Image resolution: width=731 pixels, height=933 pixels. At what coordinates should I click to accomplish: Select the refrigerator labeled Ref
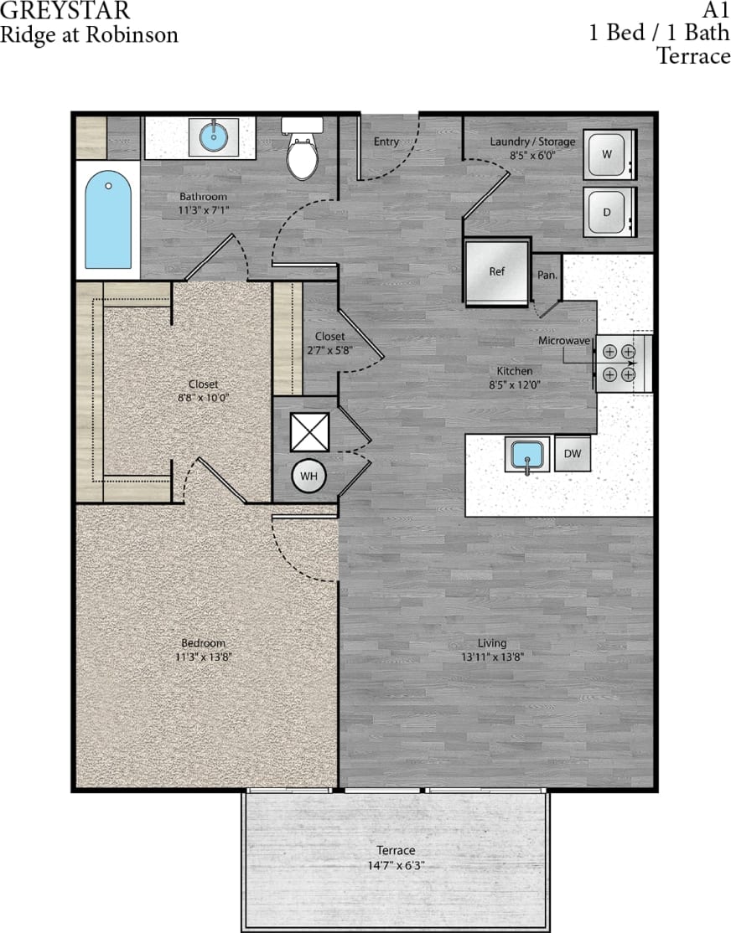497,271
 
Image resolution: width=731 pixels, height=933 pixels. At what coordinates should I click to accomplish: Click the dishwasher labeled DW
573,454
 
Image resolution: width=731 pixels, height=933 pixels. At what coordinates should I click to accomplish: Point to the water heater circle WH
308,476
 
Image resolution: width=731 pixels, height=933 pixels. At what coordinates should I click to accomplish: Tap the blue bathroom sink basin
214,133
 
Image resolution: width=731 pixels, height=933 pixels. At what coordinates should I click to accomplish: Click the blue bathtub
108,219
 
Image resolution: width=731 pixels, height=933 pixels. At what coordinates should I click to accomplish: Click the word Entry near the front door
386,142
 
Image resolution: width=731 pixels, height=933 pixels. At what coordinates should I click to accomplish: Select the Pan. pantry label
547,274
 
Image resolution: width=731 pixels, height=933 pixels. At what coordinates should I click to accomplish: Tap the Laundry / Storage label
532,142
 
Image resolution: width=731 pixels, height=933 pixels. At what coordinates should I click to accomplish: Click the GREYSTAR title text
65,12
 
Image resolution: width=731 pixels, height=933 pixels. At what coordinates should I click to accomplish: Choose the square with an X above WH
306,431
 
